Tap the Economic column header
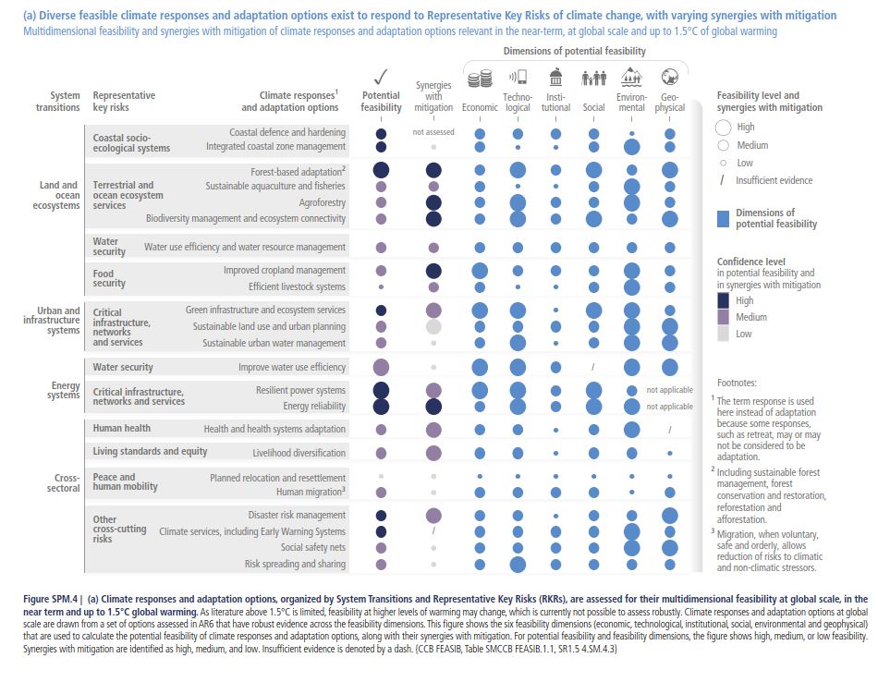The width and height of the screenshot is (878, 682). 480,108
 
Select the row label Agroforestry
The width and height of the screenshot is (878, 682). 323,202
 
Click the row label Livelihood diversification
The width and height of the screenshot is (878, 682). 299,453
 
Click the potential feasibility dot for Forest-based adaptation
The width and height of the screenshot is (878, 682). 381,171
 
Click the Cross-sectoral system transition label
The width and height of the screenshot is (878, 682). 63,482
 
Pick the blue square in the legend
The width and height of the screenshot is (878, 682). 724,218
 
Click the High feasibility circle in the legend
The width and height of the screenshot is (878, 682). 723,128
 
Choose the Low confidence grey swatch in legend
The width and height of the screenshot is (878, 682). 723,334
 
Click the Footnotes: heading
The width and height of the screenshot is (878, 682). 738,382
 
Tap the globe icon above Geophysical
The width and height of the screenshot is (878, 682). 670,78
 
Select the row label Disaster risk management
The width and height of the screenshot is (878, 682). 297,515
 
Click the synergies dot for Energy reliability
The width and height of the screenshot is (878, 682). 433,407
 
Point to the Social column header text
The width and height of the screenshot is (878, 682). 592,108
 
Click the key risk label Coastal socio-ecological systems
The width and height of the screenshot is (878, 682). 131,143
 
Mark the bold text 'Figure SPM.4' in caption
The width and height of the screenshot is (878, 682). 51,600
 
